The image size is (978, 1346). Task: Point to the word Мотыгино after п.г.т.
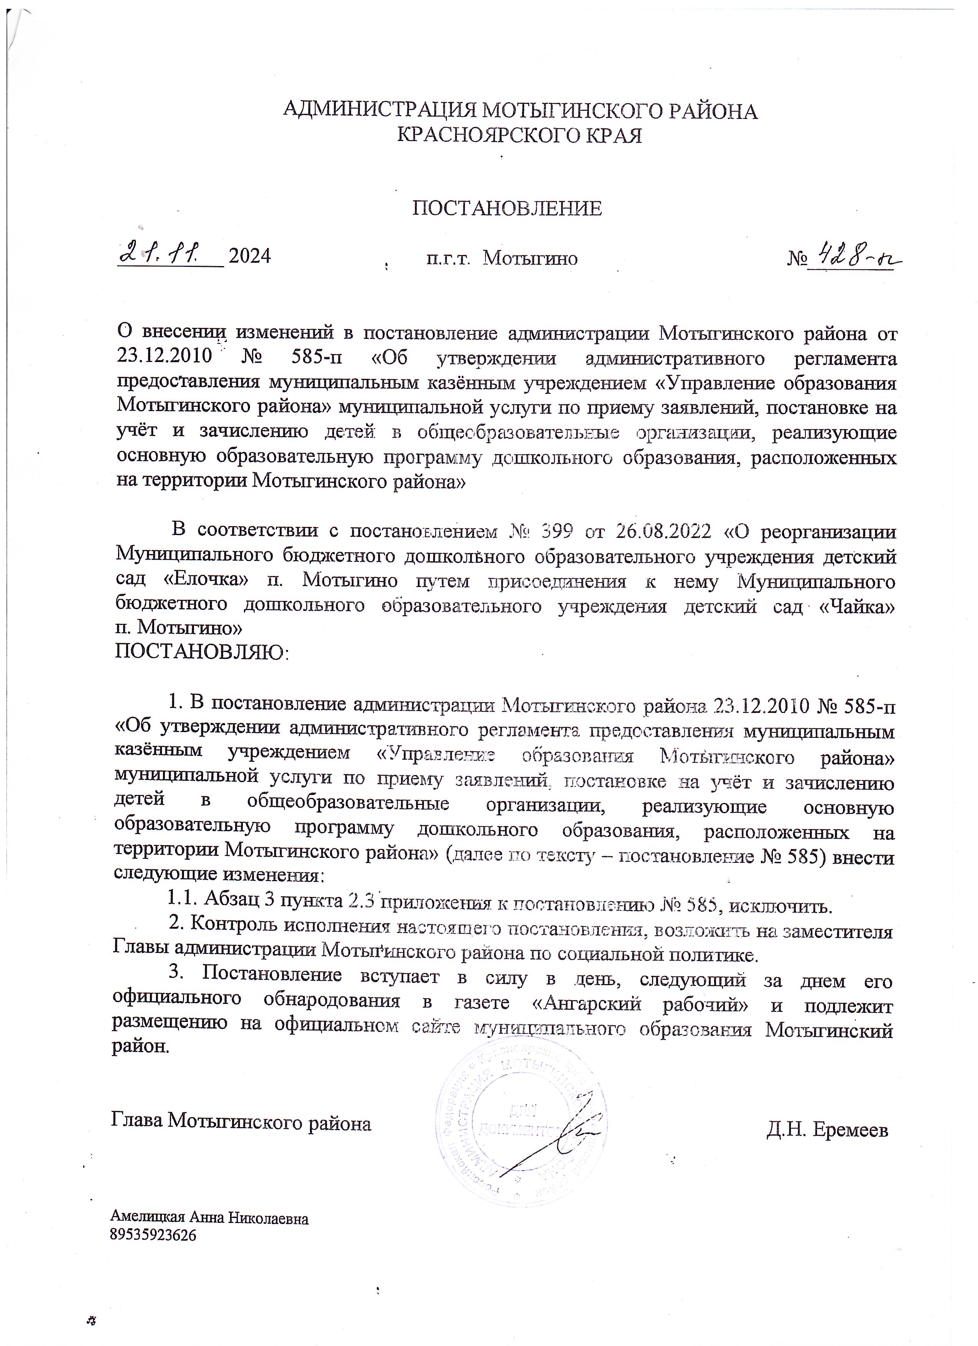[530, 258]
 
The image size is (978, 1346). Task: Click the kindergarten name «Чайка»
[856, 607]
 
